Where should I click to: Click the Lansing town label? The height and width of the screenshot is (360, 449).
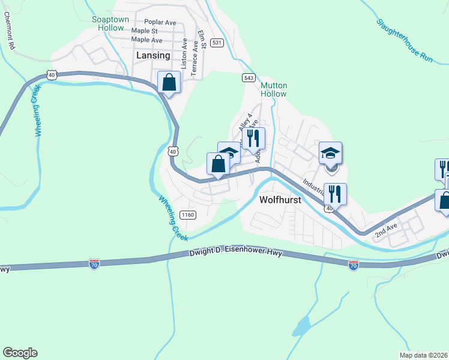[x=154, y=55]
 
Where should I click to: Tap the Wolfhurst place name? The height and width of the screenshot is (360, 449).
[x=280, y=200]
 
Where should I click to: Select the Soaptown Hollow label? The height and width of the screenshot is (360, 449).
[x=110, y=23]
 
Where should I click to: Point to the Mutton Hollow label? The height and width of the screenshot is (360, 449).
[x=274, y=89]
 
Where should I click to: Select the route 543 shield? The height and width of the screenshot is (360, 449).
[x=249, y=78]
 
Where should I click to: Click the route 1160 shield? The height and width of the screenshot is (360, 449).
[x=188, y=215]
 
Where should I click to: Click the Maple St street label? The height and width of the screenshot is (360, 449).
[x=144, y=31]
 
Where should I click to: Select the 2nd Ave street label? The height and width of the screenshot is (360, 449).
[x=387, y=231]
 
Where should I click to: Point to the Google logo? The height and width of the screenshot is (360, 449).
[x=20, y=353]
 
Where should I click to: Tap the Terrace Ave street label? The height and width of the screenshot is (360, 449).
[x=194, y=58]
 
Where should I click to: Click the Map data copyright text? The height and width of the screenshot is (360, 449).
[x=423, y=355]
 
